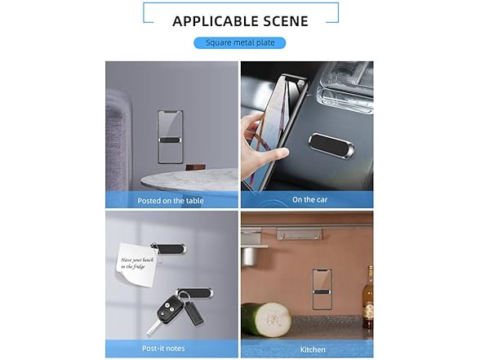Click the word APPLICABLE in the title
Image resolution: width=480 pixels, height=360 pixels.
(211, 21)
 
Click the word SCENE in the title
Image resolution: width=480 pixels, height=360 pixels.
(282, 21)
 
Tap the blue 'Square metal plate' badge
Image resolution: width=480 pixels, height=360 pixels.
(240, 42)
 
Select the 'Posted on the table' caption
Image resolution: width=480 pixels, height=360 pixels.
(171, 201)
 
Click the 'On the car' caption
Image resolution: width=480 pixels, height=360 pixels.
(310, 199)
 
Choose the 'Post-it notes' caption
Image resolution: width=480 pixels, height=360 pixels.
(163, 349)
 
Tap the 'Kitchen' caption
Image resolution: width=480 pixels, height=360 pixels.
(313, 349)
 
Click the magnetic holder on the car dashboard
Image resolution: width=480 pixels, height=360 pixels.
(331, 145)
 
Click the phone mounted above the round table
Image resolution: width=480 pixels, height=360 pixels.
(170, 137)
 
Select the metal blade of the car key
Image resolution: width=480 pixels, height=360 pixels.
(152, 328)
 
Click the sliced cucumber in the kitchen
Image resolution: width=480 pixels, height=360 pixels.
(266, 320)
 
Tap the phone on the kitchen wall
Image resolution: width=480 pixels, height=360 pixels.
(322, 289)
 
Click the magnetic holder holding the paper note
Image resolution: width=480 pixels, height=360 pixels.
(169, 249)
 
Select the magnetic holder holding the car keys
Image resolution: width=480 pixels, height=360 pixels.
(195, 293)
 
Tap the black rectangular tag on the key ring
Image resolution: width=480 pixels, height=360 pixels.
(193, 313)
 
